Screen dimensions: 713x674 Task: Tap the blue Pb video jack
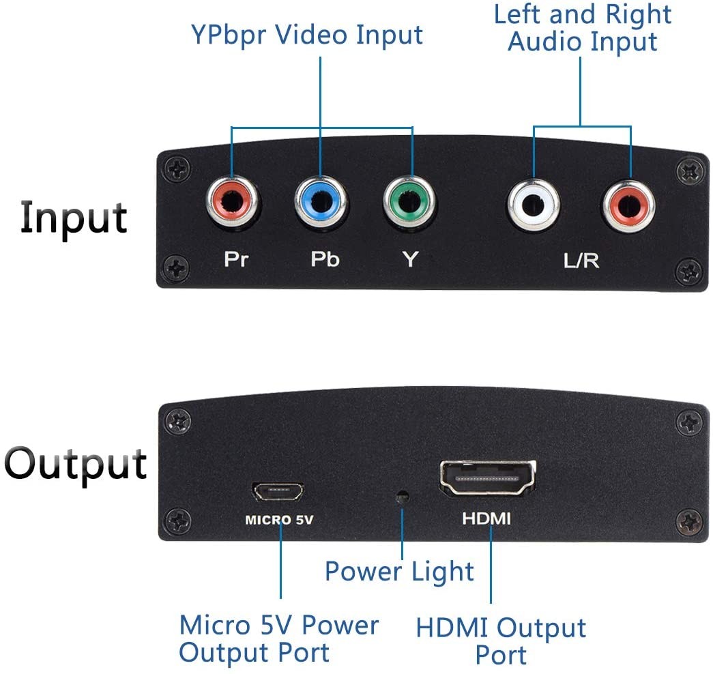tap(321, 202)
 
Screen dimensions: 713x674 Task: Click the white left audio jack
tap(534, 205)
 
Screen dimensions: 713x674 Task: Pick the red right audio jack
tap(629, 206)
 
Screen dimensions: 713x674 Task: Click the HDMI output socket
tap(488, 478)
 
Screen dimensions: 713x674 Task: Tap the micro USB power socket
tap(278, 491)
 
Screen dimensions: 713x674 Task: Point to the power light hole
tap(402, 497)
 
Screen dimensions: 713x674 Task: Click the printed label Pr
tap(237, 259)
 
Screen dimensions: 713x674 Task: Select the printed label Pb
tap(325, 259)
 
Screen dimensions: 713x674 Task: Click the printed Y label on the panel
tap(410, 260)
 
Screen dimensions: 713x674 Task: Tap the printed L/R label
tap(581, 261)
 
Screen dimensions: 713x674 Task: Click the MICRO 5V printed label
tap(279, 520)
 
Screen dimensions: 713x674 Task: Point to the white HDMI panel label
tap(486, 518)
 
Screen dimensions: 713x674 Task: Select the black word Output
tap(76, 465)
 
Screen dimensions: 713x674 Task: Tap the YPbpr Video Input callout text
tap(307, 35)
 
